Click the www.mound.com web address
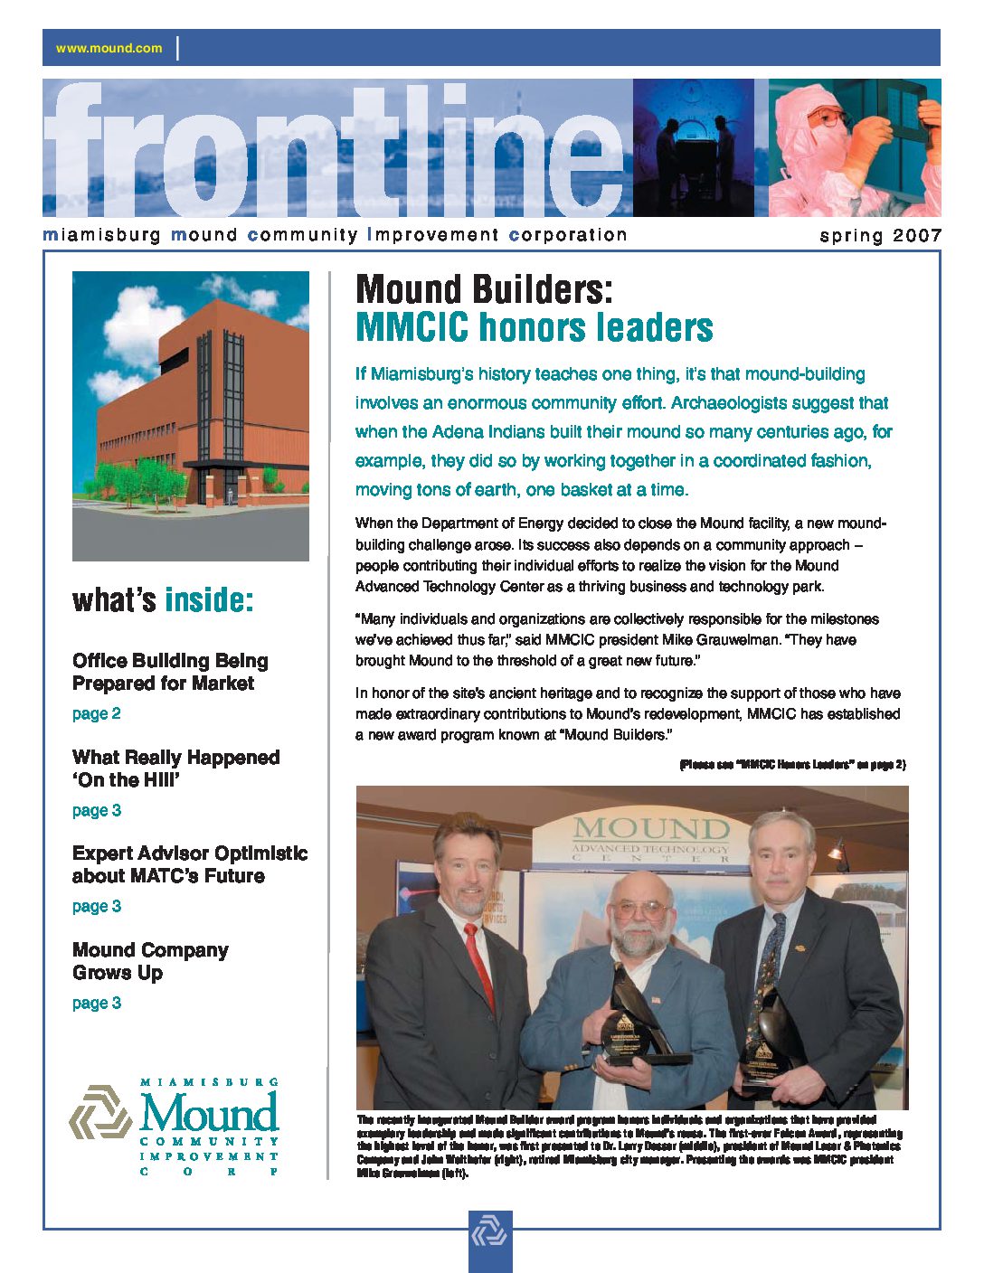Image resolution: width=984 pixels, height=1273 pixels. click(109, 48)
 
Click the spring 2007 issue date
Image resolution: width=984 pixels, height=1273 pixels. click(880, 236)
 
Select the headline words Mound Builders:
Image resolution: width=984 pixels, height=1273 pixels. click(484, 290)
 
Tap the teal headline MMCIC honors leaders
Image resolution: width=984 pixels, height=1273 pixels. click(534, 327)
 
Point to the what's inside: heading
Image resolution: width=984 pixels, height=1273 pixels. click(163, 600)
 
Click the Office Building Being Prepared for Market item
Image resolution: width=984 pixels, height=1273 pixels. click(170, 672)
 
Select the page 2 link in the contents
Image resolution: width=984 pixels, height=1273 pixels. click(96, 713)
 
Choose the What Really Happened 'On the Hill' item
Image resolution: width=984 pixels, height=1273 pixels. click(175, 769)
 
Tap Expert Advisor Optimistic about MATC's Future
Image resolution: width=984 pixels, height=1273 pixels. click(189, 864)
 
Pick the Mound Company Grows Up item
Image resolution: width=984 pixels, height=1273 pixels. click(150, 961)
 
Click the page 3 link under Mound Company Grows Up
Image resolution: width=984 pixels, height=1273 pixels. click(96, 1003)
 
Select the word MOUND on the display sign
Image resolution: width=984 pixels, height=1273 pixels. click(650, 827)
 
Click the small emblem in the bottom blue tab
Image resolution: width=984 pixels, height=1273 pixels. click(490, 1235)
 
